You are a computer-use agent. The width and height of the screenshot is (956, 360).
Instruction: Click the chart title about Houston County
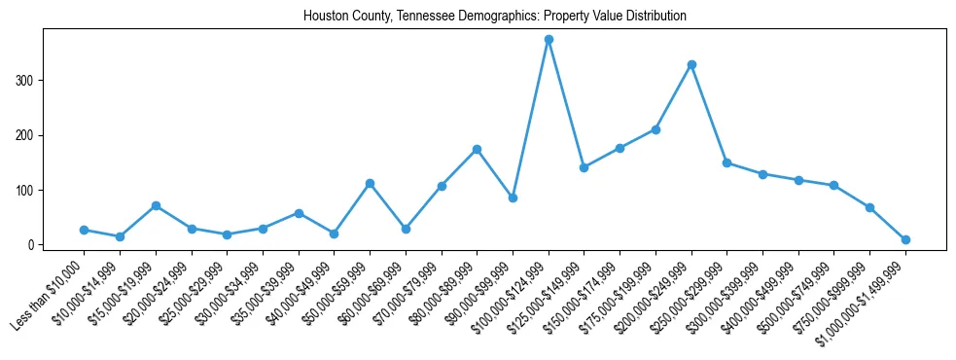coord(494,16)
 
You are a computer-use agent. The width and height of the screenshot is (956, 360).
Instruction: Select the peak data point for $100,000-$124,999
coord(549,40)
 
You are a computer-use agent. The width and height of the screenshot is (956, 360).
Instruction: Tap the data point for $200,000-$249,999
coord(691,64)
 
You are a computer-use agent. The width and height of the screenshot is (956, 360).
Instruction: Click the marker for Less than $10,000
coord(84,230)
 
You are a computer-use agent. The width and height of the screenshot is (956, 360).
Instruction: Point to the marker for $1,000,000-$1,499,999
coord(905,239)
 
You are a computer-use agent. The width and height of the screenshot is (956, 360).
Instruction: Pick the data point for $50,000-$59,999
coord(370,183)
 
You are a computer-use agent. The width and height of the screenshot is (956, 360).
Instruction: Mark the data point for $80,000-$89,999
coord(477,149)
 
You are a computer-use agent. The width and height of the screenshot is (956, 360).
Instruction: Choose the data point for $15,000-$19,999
coord(156,205)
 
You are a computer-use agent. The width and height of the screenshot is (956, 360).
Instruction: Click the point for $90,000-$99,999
coord(513,198)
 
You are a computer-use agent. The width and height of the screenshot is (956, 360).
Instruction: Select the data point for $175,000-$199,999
coord(655,129)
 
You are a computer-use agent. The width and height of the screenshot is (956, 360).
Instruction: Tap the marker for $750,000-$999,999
coord(869,207)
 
